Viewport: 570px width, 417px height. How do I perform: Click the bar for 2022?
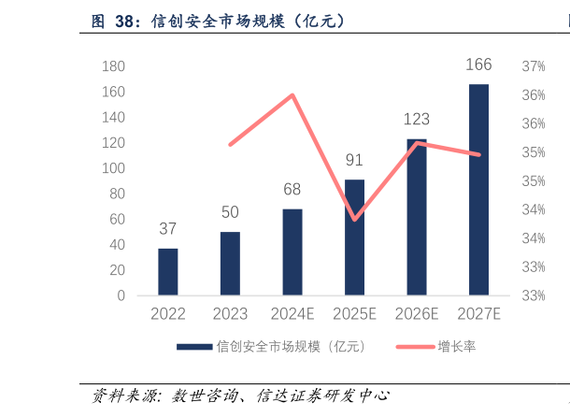click(167, 272)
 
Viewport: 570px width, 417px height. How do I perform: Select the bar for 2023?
click(230, 264)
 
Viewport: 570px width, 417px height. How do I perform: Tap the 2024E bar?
click(292, 252)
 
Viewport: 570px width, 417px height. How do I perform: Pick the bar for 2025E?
click(354, 237)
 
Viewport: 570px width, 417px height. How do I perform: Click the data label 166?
click(478, 65)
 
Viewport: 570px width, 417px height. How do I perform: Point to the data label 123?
click(417, 120)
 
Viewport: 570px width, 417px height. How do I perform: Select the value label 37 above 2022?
click(167, 229)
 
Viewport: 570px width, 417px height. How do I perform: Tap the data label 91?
click(354, 160)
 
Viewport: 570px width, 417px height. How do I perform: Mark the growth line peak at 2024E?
click(292, 94)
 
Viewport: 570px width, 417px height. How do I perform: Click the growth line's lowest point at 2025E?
click(354, 220)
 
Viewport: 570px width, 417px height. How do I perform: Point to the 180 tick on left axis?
click(114, 66)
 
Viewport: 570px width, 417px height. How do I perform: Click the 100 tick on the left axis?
click(114, 168)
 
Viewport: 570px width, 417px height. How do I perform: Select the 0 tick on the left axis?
click(121, 295)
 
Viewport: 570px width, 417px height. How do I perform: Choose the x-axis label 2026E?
click(417, 314)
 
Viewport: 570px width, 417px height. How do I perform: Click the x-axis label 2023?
click(230, 314)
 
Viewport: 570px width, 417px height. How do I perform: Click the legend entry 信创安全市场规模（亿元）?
click(291, 346)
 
